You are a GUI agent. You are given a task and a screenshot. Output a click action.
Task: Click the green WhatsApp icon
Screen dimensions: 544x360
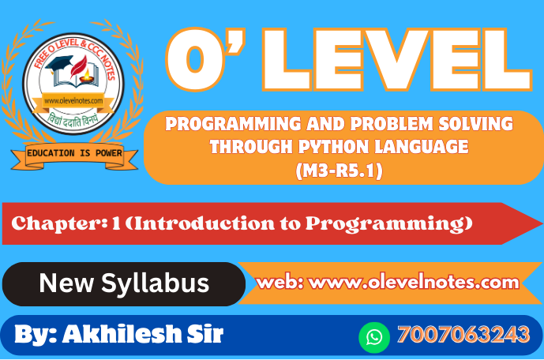click(374, 337)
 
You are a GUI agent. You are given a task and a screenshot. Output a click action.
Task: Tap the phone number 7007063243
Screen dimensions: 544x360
click(463, 334)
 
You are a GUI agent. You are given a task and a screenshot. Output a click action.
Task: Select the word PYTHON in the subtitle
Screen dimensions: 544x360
click(332, 147)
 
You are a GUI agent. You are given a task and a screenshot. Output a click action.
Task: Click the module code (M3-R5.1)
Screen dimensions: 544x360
click(339, 171)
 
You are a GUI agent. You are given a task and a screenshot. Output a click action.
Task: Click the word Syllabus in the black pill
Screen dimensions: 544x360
click(155, 283)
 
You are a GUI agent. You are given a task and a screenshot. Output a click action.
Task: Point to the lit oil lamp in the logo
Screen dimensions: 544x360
click(86, 77)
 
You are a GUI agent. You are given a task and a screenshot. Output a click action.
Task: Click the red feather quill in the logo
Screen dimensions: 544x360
click(78, 66)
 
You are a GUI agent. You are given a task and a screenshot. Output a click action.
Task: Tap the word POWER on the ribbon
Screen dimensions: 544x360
click(109, 153)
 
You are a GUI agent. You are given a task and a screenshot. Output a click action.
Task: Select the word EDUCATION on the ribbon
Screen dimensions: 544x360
click(51, 153)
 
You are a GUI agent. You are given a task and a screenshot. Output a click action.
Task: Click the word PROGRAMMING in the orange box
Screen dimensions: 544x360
click(233, 123)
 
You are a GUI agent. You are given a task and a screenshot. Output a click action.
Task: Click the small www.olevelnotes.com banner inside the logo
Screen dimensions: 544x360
click(73, 101)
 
